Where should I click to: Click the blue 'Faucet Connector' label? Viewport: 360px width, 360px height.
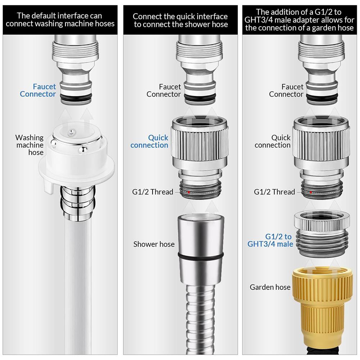pos(38,91)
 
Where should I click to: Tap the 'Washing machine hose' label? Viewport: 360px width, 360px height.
pos(29,145)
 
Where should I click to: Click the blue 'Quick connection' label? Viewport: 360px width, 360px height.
pos(149,142)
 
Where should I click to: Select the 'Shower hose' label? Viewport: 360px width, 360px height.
pos(154,244)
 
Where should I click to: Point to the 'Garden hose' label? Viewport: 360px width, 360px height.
pos(270,287)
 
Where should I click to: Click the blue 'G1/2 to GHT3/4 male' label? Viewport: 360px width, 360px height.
pos(270,240)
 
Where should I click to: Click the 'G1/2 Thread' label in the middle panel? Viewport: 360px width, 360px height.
pos(152,192)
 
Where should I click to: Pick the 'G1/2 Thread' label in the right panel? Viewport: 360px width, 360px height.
pos(274,192)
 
